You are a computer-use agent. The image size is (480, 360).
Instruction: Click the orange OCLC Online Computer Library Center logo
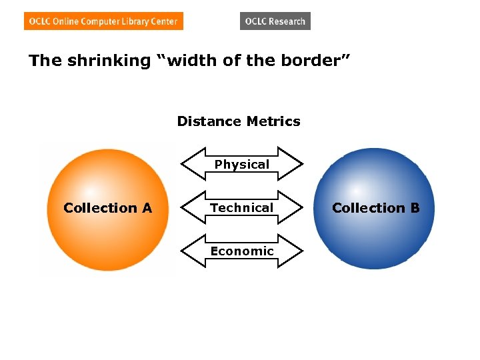click(x=103, y=21)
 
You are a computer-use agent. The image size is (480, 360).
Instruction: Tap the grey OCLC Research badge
click(x=275, y=21)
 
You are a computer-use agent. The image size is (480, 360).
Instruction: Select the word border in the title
click(x=309, y=61)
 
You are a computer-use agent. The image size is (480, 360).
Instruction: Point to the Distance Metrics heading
click(x=239, y=121)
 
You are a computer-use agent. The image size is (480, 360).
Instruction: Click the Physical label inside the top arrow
click(x=242, y=164)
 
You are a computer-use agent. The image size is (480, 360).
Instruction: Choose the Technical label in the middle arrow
click(x=242, y=207)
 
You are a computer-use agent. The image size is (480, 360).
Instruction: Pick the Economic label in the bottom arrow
click(x=242, y=251)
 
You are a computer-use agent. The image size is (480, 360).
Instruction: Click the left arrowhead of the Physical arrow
click(x=190, y=164)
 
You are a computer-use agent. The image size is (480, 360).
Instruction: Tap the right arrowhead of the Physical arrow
click(x=294, y=164)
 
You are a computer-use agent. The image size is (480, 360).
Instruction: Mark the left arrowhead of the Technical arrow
click(x=190, y=207)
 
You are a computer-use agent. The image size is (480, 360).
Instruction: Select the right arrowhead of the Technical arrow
click(x=294, y=207)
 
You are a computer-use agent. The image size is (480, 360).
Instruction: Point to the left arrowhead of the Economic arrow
click(x=190, y=251)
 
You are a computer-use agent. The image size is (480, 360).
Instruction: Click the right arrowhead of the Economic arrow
click(x=294, y=251)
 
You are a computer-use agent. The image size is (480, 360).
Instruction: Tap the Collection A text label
click(x=108, y=208)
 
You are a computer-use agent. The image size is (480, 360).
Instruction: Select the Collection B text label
click(x=376, y=208)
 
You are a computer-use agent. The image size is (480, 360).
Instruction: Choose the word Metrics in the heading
click(x=273, y=121)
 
